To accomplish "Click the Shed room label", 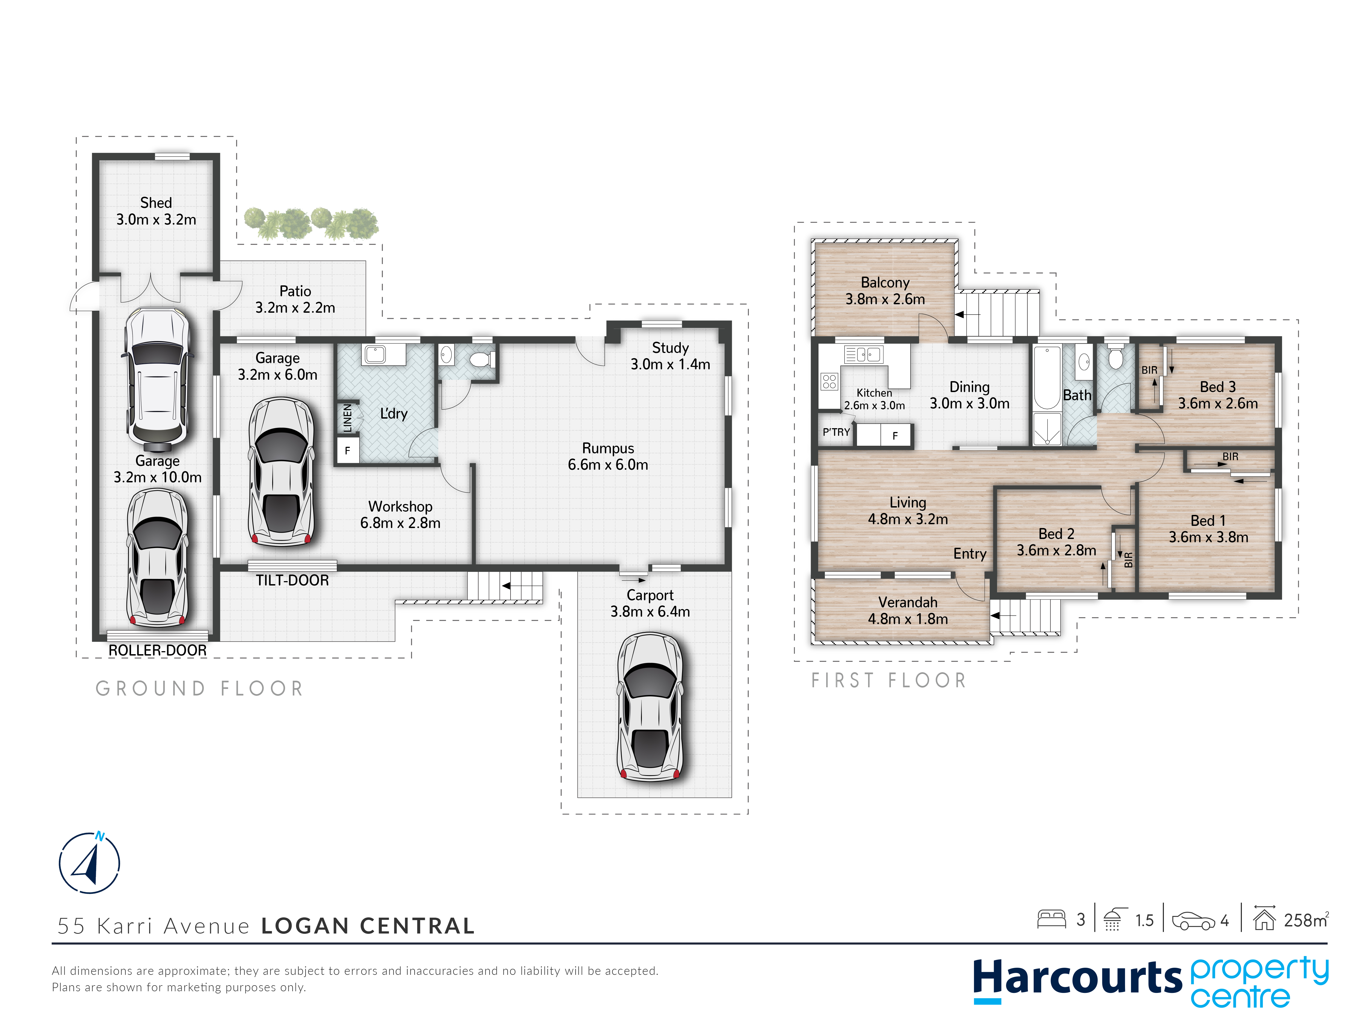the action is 156,203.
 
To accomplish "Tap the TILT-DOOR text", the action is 292,580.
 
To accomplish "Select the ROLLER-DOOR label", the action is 158,650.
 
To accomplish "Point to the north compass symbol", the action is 90,862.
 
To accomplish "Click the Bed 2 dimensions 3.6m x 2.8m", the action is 1056,550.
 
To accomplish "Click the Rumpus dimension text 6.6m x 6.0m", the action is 608,465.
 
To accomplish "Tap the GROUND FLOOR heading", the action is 199,688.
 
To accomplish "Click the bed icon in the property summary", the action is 1051,920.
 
